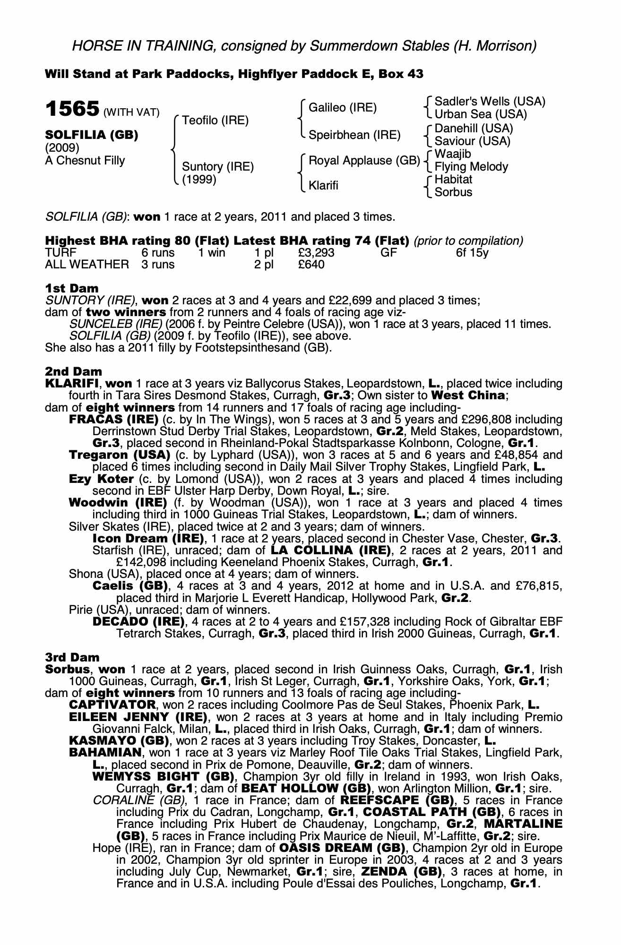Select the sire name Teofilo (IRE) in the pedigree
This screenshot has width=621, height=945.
(x=215, y=120)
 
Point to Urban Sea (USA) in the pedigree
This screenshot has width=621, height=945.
(x=481, y=114)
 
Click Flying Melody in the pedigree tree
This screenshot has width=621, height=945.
(x=471, y=167)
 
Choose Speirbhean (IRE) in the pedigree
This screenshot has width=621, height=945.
(x=354, y=135)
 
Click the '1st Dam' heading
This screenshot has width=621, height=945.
(x=72, y=288)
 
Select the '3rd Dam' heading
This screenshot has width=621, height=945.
(x=72, y=657)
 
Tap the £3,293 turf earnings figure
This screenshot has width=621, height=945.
(x=316, y=253)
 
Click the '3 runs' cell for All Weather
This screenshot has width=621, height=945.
(x=158, y=265)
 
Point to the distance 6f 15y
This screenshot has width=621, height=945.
(x=472, y=253)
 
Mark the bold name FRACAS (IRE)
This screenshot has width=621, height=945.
(x=113, y=420)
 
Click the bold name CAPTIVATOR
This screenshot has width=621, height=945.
(x=112, y=705)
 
